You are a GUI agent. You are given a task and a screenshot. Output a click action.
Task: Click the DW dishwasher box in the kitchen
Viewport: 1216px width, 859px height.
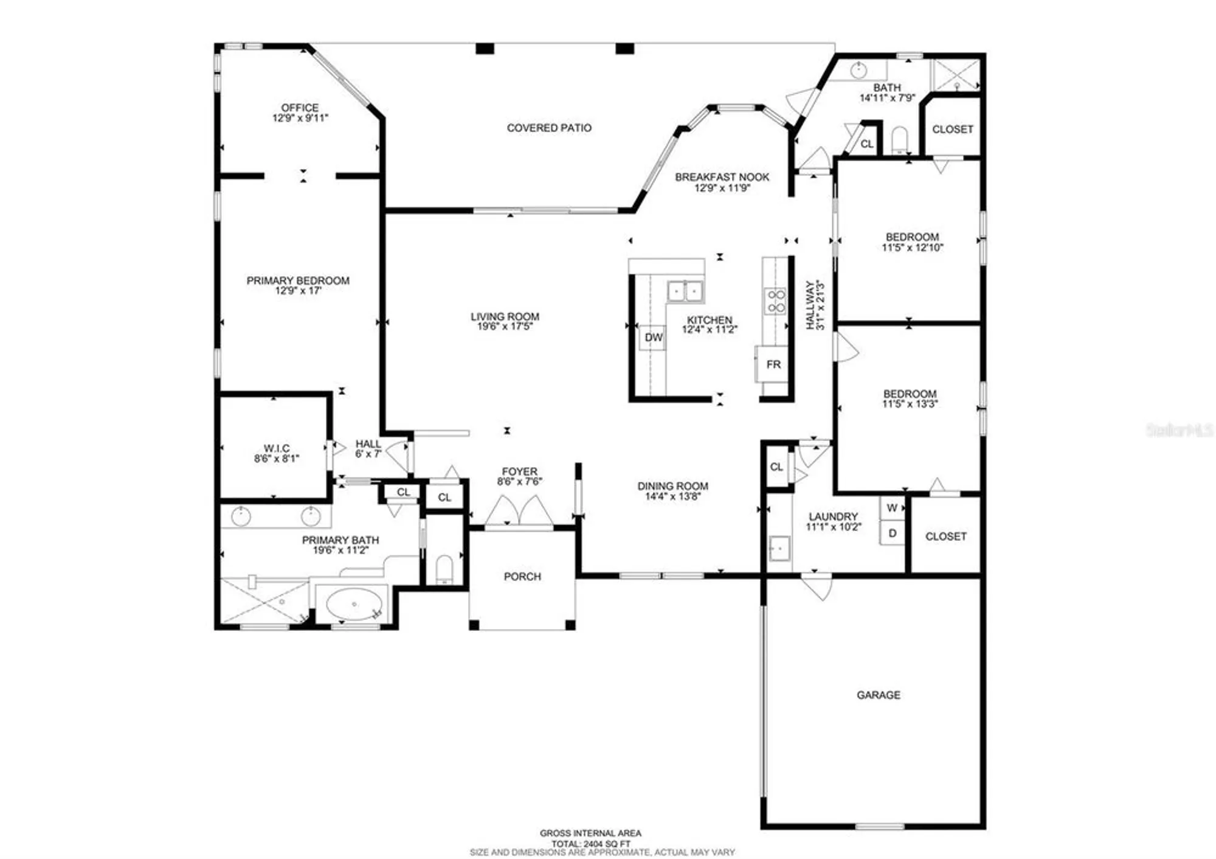pyautogui.click(x=652, y=338)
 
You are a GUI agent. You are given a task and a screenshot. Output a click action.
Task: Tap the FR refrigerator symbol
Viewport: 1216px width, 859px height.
pyautogui.click(x=773, y=364)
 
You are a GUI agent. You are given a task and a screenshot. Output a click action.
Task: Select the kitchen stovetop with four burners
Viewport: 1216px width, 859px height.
pyautogui.click(x=776, y=301)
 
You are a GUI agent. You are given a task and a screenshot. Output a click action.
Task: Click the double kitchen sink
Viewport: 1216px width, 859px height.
pyautogui.click(x=685, y=291)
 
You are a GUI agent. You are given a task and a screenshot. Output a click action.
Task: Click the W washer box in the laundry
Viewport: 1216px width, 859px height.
pyautogui.click(x=892, y=508)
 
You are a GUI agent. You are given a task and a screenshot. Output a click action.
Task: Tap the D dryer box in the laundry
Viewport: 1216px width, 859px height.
pyautogui.click(x=892, y=533)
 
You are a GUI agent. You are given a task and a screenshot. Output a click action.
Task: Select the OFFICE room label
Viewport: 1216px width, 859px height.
pyautogui.click(x=300, y=108)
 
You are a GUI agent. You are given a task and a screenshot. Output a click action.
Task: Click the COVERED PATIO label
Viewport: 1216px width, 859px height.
pyautogui.click(x=549, y=128)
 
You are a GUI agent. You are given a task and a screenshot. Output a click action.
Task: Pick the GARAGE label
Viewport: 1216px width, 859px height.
pyautogui.click(x=878, y=695)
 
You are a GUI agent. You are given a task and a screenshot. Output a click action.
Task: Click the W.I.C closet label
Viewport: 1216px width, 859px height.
pyautogui.click(x=277, y=448)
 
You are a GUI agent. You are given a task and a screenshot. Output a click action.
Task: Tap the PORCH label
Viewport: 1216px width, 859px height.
pyautogui.click(x=522, y=576)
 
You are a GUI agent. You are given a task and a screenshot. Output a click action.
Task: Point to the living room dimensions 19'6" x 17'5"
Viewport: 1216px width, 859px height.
pyautogui.click(x=505, y=327)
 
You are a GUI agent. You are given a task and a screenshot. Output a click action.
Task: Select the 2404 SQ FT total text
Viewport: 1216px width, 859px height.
pyautogui.click(x=590, y=844)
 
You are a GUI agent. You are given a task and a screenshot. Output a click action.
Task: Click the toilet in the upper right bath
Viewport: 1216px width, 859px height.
pyautogui.click(x=899, y=139)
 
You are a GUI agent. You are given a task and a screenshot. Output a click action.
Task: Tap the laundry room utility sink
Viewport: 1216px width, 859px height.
pyautogui.click(x=779, y=548)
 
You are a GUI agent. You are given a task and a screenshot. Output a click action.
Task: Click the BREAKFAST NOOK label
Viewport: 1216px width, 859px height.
pyautogui.click(x=722, y=177)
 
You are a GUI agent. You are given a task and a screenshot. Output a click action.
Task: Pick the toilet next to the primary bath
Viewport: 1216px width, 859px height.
pyautogui.click(x=444, y=569)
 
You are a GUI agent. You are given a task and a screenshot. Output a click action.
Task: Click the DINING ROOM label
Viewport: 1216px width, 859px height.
pyautogui.click(x=672, y=486)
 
